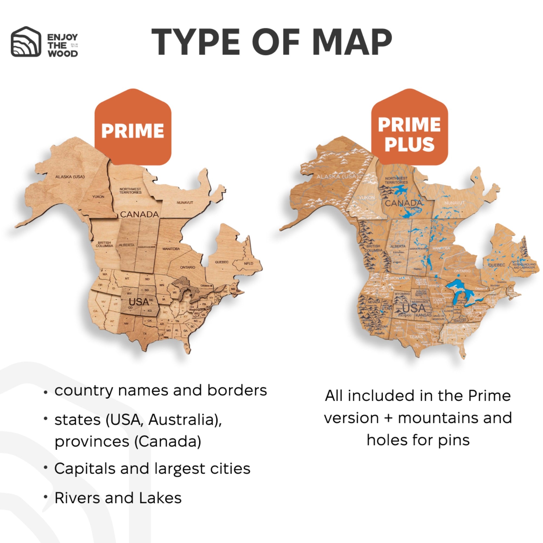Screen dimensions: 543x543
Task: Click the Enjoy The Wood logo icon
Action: [26, 42]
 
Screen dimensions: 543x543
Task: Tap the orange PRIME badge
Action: [133, 130]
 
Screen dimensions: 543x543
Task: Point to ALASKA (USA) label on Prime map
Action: [70, 177]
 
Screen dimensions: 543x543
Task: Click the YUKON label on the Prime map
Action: [98, 197]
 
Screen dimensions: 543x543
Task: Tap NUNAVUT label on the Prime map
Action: [185, 202]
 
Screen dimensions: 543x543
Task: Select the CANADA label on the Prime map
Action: [139, 214]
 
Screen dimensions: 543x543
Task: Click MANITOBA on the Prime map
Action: [171, 249]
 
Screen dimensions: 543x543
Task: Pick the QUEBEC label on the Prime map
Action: [222, 262]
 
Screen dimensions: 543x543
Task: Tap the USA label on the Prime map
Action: [138, 302]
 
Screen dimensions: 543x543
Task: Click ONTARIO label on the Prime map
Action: [187, 267]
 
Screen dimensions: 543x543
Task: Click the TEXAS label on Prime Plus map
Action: [416, 336]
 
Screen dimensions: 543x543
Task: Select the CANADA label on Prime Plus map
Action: [403, 203]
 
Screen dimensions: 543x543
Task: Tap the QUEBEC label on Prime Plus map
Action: [497, 265]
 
